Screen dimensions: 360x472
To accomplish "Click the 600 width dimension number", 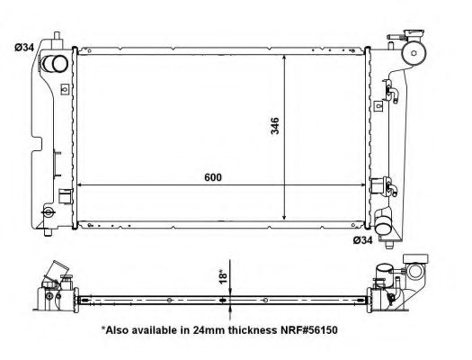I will (212, 177).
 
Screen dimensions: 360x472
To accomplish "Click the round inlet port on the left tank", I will (54, 64).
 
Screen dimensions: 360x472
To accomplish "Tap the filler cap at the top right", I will (414, 53).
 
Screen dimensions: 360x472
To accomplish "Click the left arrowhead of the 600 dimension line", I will (83, 185).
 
